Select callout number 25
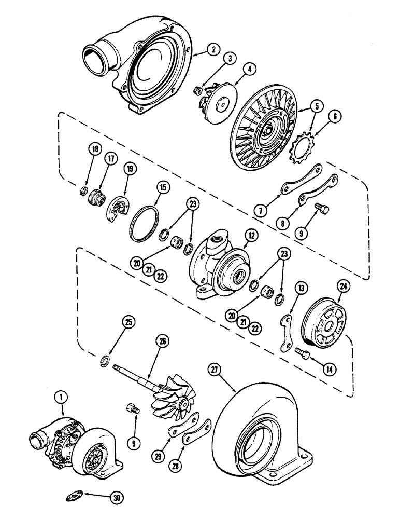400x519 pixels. click(x=127, y=323)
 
